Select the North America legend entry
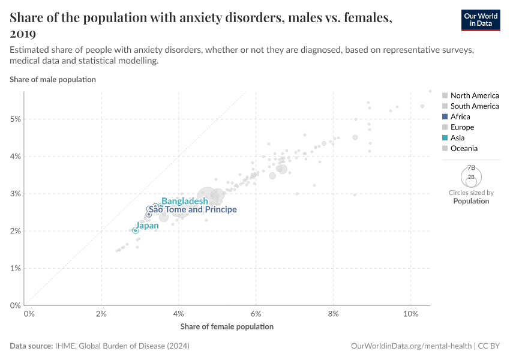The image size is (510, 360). (x=474, y=95)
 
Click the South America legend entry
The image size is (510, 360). (x=474, y=106)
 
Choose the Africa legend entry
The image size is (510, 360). (x=460, y=116)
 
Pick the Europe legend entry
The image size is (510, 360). (x=462, y=127)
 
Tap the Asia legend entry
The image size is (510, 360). (x=458, y=137)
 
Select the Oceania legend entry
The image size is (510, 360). (x=464, y=148)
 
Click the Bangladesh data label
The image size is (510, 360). (x=185, y=201)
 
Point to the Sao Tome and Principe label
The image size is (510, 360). (x=193, y=210)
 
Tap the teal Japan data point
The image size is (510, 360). (x=136, y=230)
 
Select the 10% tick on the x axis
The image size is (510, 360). (x=410, y=314)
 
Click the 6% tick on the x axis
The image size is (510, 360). (x=256, y=314)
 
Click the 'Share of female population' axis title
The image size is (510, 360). (x=227, y=326)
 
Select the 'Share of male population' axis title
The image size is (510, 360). (x=53, y=79)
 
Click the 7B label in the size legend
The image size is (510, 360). (x=471, y=167)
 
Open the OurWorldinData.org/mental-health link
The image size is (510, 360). (x=410, y=346)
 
